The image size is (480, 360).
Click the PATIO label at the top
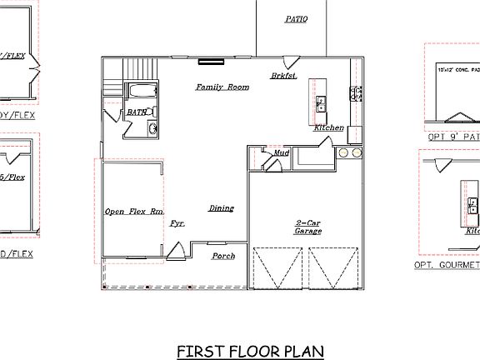(297, 18)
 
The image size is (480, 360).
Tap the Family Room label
(222, 87)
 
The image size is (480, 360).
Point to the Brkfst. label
(282, 76)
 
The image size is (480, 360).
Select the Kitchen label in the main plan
(328, 127)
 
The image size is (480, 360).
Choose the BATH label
(137, 112)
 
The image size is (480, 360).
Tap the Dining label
(221, 208)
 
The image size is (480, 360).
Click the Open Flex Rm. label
(133, 212)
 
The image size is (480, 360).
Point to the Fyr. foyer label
(177, 223)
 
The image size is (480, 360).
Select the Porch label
(223, 256)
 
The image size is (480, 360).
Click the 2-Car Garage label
(308, 227)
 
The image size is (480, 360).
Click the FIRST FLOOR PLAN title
(239, 351)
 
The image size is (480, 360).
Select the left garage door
(280, 267)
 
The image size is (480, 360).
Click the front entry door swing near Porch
(177, 249)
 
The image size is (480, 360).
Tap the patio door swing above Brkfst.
(291, 62)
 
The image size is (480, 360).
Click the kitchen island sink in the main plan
(321, 103)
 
